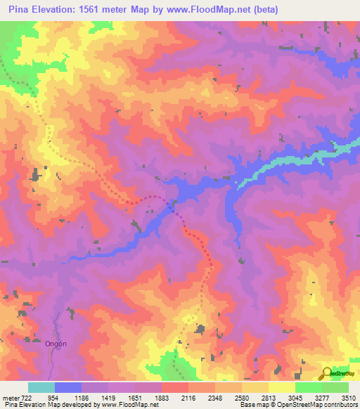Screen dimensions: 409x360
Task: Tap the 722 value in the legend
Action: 27,397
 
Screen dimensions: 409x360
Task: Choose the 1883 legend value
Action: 162,397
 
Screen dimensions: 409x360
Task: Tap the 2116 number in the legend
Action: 189,397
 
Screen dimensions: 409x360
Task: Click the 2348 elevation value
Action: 216,397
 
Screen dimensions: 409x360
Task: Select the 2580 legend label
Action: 243,397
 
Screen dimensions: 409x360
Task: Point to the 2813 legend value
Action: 269,397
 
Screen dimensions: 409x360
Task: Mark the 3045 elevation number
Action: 296,397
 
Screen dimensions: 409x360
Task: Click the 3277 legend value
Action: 323,397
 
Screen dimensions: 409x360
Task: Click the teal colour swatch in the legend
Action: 41,387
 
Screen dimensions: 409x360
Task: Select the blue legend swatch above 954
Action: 68,387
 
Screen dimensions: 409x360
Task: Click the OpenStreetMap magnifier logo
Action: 326,372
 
